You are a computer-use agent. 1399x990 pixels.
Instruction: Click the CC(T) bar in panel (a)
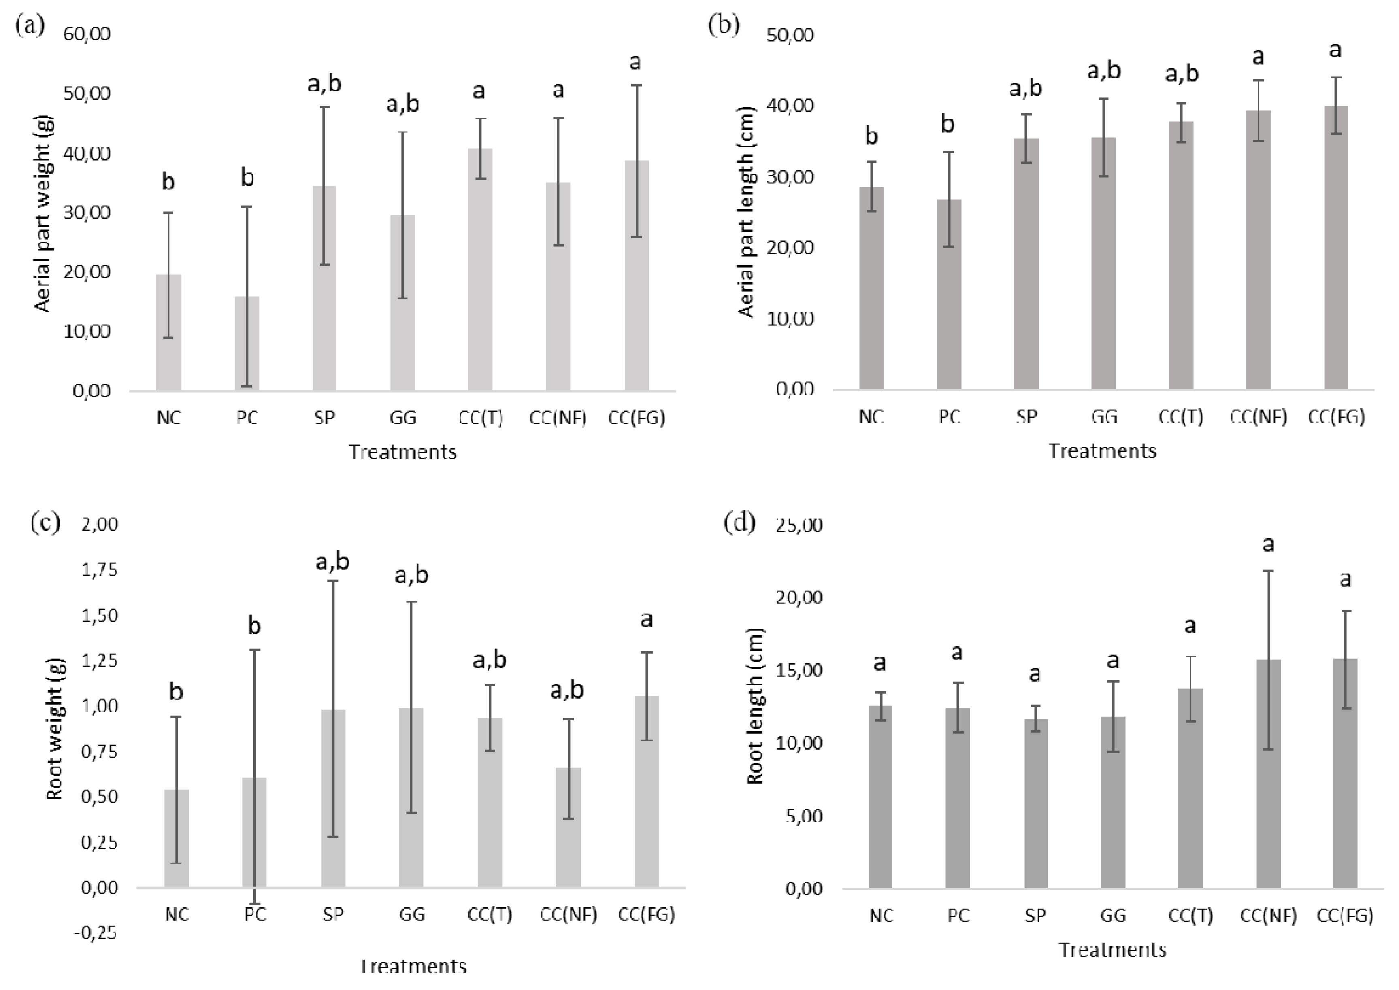click(x=480, y=268)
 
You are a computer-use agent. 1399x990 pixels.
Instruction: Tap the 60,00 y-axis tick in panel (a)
click(x=87, y=34)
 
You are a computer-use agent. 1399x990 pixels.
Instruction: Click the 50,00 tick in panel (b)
click(x=790, y=35)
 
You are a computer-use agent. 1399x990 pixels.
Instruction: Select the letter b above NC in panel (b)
click(x=871, y=136)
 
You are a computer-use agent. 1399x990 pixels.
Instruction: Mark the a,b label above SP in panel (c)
click(x=332, y=561)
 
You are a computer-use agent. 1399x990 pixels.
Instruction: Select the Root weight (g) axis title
click(x=55, y=729)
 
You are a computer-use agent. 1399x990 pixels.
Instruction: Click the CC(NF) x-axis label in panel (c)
click(x=569, y=914)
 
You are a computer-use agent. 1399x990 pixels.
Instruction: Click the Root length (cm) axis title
click(x=755, y=705)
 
